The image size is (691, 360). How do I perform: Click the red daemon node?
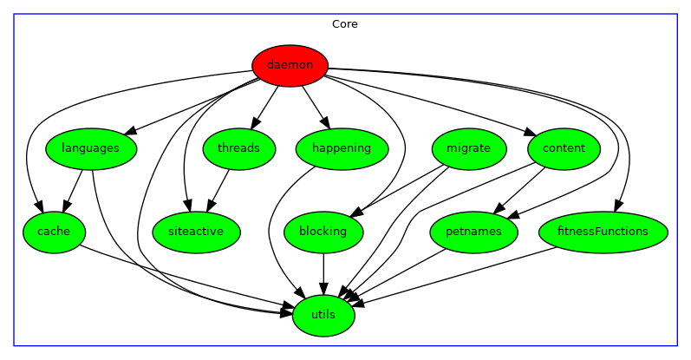[x=290, y=65]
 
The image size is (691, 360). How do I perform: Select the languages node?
[x=90, y=148]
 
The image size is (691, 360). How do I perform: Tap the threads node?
[x=238, y=148]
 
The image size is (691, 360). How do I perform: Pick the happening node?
[x=341, y=148]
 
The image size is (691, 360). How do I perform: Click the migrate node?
[x=468, y=148]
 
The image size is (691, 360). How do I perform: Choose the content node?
[x=564, y=148]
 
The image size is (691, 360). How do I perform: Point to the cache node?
[x=54, y=232]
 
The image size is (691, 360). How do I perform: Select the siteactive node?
[x=196, y=232]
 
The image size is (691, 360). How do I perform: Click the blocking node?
[x=323, y=232]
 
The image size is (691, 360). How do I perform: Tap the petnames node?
[x=473, y=232]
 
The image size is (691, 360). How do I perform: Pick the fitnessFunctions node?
[x=603, y=232]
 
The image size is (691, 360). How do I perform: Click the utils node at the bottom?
[x=323, y=314]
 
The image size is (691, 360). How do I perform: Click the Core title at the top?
[x=345, y=24]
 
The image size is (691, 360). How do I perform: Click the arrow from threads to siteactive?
[x=218, y=188]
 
